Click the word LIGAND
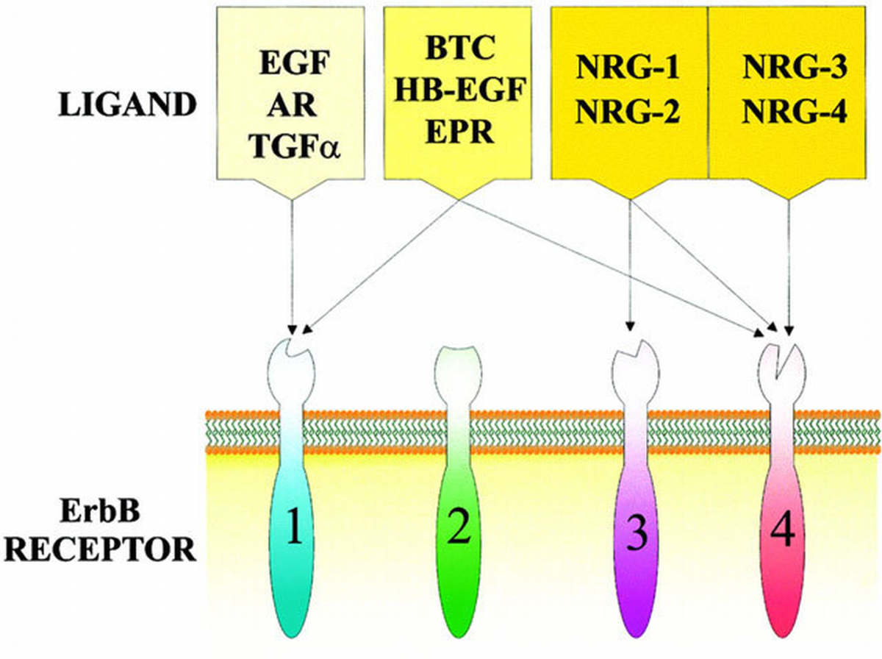coord(127,104)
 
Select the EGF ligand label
coord(295,63)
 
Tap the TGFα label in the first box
coord(295,147)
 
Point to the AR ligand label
coord(293,105)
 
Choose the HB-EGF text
coord(460,90)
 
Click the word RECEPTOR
coord(100,549)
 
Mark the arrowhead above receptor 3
coord(630,337)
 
